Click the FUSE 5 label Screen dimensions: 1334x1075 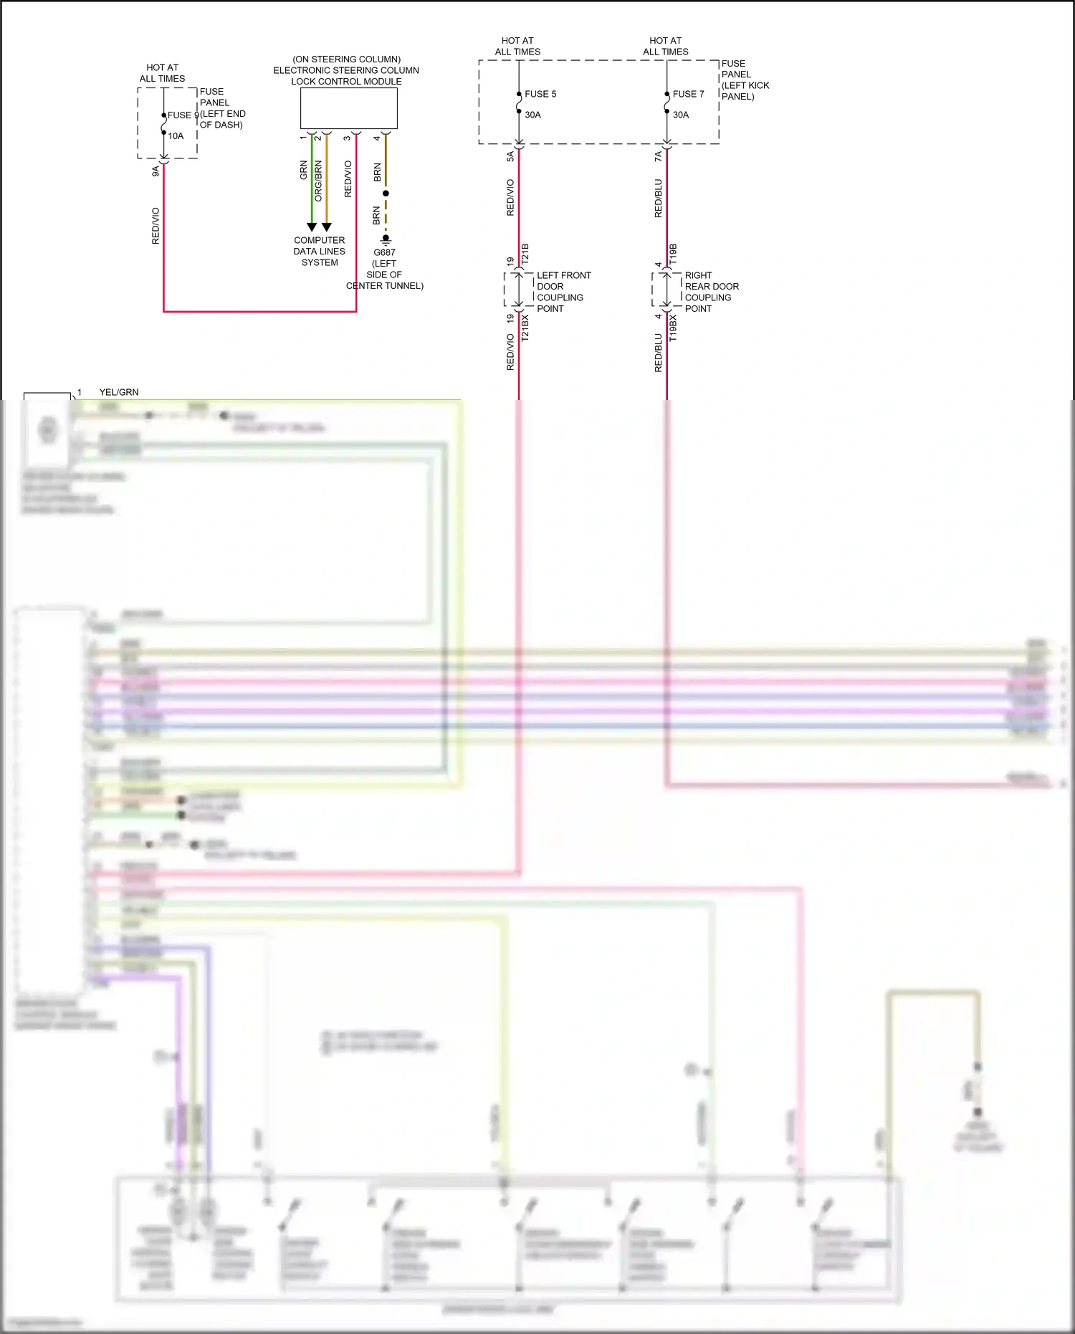(540, 94)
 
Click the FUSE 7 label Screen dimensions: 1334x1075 (688, 94)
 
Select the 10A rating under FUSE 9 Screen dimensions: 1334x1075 (176, 136)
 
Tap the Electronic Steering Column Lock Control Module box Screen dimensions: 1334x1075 (348, 108)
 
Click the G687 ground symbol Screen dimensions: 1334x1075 (386, 239)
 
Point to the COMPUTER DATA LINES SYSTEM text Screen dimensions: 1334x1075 (320, 252)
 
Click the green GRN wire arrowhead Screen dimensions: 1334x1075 (312, 227)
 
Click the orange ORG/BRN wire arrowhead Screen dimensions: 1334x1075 (327, 227)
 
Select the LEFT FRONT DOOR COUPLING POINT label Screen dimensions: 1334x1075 (563, 292)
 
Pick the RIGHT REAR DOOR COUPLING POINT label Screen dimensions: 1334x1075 (711, 292)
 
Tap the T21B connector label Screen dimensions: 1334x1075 (525, 254)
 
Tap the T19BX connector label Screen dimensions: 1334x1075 (672, 328)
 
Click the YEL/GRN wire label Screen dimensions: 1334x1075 (119, 392)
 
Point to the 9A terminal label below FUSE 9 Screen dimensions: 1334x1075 (156, 171)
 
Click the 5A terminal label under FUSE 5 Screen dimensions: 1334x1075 (510, 156)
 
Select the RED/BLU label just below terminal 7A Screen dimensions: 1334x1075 (658, 199)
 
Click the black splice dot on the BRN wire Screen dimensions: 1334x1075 (386, 194)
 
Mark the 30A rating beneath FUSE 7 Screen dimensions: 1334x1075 (680, 115)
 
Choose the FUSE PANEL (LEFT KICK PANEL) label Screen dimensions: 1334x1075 (745, 80)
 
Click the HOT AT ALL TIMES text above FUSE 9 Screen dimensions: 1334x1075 (162, 73)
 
